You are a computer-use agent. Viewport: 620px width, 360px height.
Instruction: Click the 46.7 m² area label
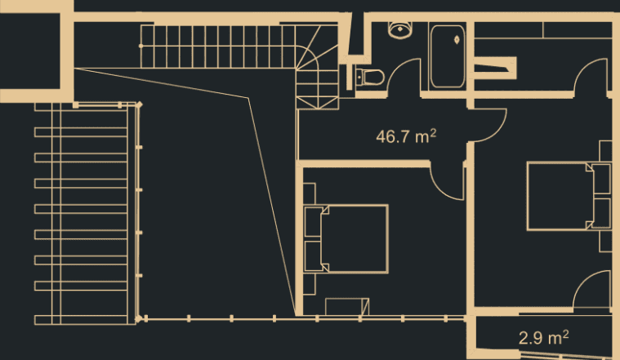[405, 136]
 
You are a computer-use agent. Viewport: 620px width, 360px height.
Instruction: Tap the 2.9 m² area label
[544, 336]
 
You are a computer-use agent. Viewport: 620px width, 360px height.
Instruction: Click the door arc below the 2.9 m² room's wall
[592, 290]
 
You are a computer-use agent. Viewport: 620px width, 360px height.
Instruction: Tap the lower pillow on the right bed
[601, 211]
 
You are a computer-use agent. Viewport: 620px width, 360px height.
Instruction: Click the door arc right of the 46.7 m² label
[488, 124]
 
